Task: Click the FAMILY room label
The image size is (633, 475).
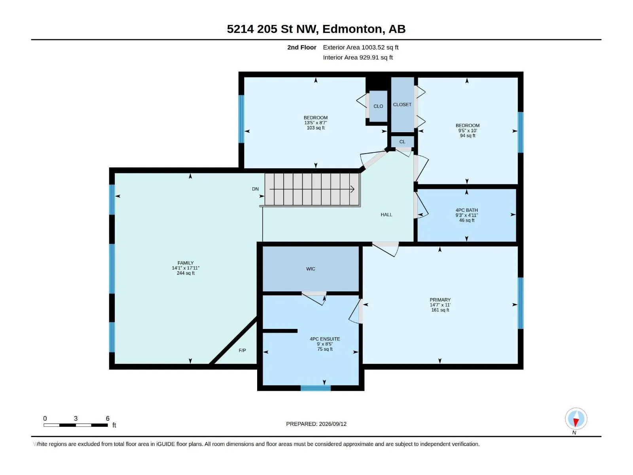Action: [186, 263]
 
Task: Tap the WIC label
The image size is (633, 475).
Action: [311, 269]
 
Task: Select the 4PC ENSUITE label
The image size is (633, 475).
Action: [325, 339]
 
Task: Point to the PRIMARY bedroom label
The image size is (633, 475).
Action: [440, 300]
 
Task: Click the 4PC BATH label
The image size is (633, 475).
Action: [466, 210]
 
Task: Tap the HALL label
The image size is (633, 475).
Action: [386, 215]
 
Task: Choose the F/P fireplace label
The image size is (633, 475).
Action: [242, 350]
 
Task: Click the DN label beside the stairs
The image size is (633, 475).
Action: [255, 189]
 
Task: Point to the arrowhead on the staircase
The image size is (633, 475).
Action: [352, 189]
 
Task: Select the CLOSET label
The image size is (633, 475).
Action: [402, 104]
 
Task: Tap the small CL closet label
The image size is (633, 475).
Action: [402, 142]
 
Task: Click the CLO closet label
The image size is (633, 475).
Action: [378, 106]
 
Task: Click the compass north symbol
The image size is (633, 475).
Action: [576, 418]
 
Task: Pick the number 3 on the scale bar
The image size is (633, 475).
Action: [76, 418]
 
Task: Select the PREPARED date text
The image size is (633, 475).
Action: [316, 424]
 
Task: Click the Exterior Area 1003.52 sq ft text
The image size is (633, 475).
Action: [360, 47]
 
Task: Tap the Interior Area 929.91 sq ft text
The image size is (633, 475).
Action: [358, 57]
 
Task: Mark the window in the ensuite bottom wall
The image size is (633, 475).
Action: [315, 388]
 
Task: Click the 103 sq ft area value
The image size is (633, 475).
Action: [315, 128]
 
